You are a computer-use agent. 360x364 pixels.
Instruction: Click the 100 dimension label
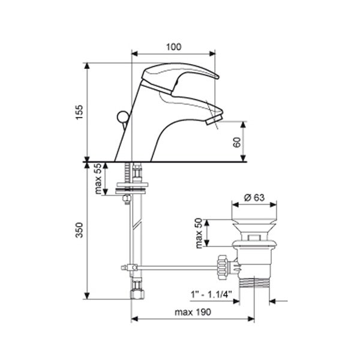coord(173,47)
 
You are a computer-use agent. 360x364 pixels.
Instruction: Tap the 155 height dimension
coord(79,112)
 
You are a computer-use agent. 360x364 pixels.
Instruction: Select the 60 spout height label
coord(237,142)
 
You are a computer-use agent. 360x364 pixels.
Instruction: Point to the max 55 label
coord(98,179)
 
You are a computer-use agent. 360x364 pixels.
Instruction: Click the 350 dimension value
coord(79,230)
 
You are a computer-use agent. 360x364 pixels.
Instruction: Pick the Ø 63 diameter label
coord(254,197)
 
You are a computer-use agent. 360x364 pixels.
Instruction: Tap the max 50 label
coord(199,233)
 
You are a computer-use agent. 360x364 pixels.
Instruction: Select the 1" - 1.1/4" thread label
coord(211,294)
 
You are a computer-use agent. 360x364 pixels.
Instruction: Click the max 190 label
coord(193,312)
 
